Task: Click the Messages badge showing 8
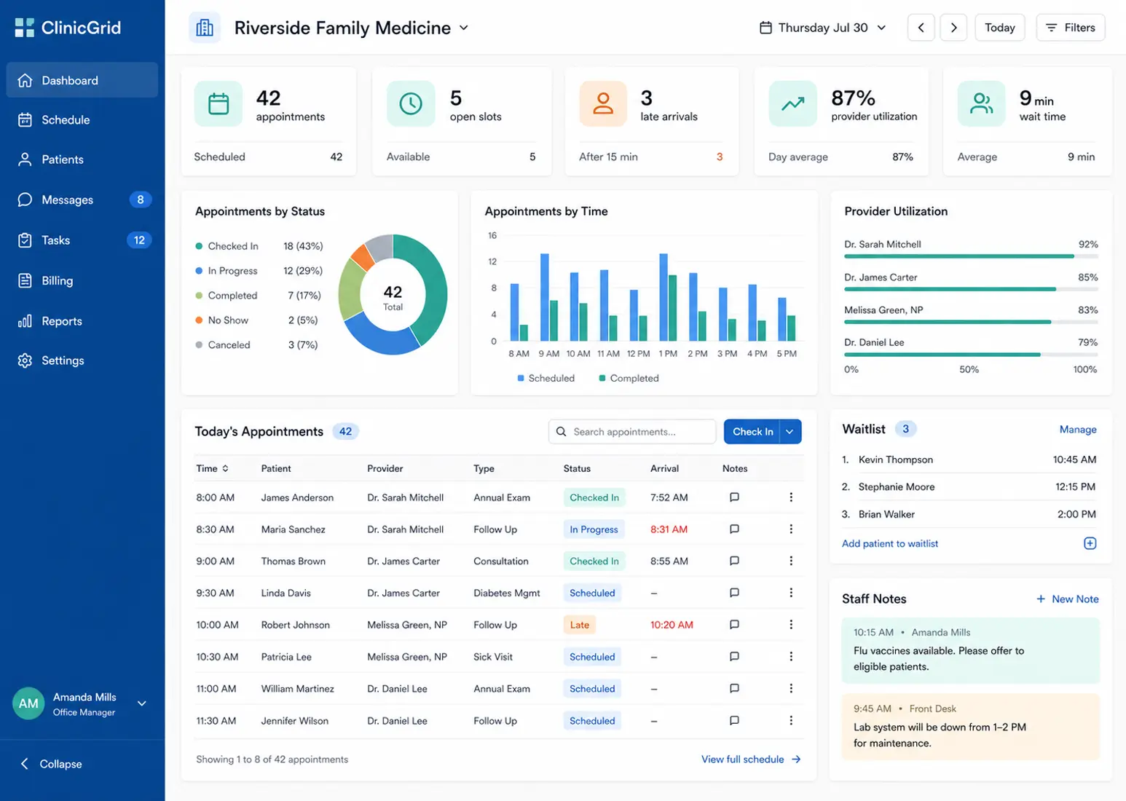tap(141, 200)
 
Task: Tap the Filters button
tap(1070, 28)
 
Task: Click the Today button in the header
tap(999, 28)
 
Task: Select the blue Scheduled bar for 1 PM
tap(664, 297)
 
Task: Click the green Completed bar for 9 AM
tap(554, 320)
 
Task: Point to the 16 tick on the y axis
tap(492, 235)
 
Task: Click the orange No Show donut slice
tap(363, 257)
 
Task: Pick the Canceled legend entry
tap(223, 344)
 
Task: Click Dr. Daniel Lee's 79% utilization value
tap(1087, 342)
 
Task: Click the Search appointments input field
tap(632, 432)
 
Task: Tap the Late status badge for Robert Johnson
tap(579, 625)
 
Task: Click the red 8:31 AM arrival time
tap(669, 529)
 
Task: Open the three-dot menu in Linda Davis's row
tap(791, 593)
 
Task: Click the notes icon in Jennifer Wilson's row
tap(734, 720)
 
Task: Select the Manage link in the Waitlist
tap(1078, 429)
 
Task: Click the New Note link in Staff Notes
tap(1067, 599)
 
